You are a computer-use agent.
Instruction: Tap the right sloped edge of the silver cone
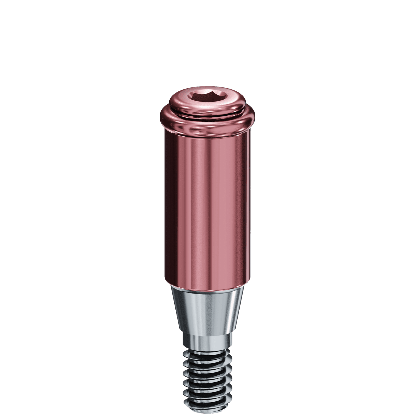(x=240, y=310)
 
